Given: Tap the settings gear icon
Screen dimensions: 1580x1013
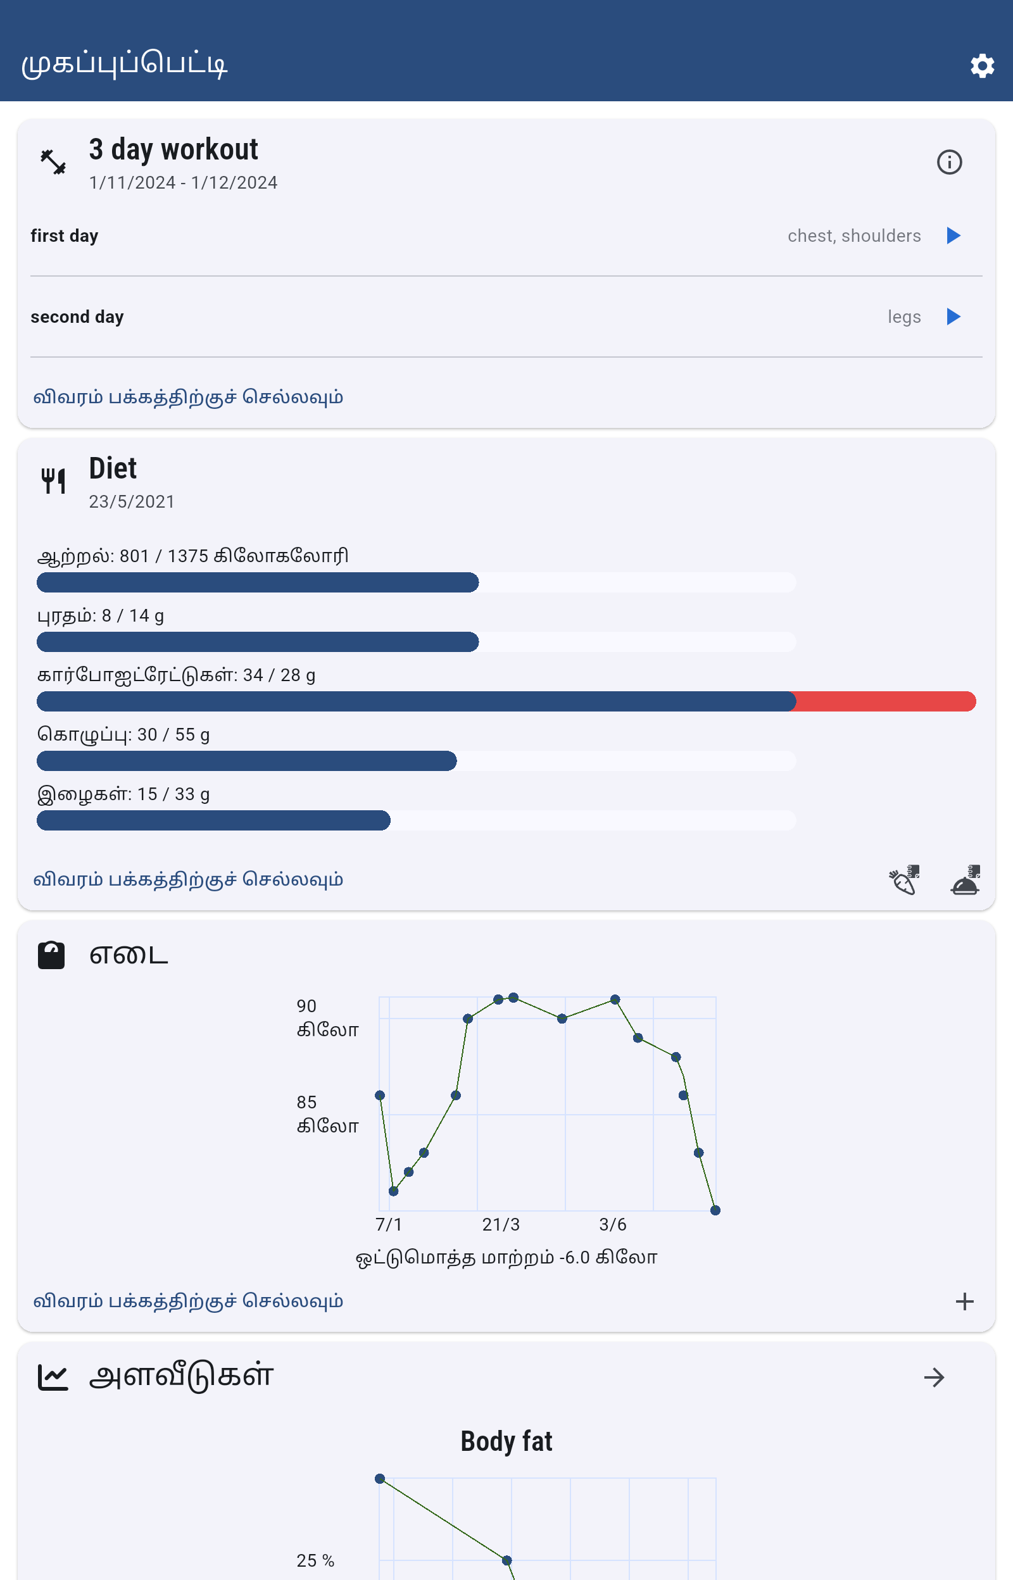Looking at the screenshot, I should [x=981, y=66].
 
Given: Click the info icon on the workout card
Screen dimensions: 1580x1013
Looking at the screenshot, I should [x=948, y=162].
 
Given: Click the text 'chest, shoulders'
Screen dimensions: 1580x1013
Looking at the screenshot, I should [x=854, y=236].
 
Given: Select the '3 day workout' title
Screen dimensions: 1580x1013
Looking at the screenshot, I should [x=173, y=150].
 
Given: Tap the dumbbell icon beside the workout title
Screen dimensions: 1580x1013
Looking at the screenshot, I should [x=53, y=162].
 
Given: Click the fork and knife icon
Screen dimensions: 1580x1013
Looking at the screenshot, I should [x=53, y=480].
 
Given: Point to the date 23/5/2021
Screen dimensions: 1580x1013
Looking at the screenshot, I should [x=132, y=502].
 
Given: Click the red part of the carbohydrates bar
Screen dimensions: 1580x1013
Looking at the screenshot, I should [x=884, y=701].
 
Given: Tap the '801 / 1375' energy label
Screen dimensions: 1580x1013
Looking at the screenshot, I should [x=192, y=556].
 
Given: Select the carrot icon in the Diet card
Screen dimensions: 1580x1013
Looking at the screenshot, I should [x=904, y=880].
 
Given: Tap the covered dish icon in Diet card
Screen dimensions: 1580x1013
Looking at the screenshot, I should [x=965, y=880].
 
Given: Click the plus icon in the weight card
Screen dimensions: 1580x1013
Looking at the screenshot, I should [x=964, y=1301].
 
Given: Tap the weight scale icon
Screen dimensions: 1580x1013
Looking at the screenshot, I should [x=51, y=955].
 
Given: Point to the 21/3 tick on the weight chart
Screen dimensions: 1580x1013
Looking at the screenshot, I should [x=501, y=1224].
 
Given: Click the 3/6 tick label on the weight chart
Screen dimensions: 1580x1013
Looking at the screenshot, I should [x=612, y=1224].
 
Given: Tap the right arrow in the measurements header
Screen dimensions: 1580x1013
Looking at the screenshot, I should [x=934, y=1377].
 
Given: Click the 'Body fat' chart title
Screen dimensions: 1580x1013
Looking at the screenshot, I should [x=506, y=1441].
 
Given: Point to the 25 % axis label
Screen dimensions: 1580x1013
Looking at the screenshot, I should [x=315, y=1560].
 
